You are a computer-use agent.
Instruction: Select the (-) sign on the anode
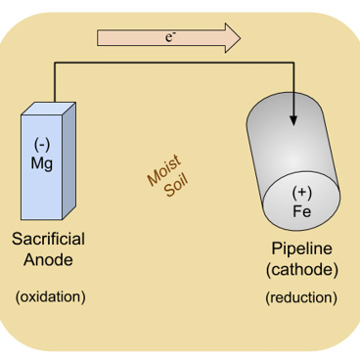coord(42,147)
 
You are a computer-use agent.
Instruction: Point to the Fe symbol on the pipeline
coord(302,208)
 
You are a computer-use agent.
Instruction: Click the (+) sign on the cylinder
coord(302,192)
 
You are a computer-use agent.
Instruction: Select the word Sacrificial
coord(48,239)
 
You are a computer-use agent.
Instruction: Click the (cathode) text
coord(302,268)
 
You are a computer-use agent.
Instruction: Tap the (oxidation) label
coord(50,295)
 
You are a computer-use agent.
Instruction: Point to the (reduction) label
coord(301,296)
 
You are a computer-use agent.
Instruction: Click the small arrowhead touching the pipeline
coord(293,122)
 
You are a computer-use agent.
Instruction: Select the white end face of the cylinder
coord(301,201)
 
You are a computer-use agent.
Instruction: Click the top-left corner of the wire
coord(55,65)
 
